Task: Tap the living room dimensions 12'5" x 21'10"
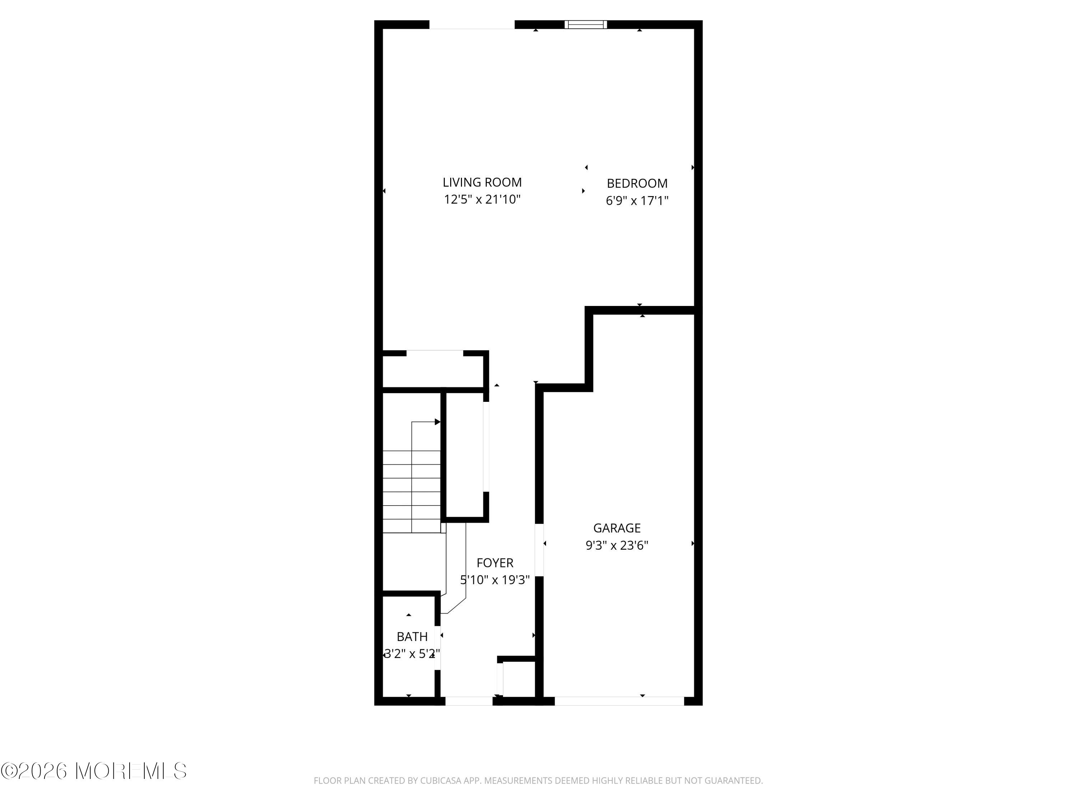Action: [x=482, y=200]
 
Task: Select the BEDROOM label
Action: [x=637, y=184]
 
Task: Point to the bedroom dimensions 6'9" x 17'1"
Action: [x=637, y=201]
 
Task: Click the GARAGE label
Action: [x=616, y=528]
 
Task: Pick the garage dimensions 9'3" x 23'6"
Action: [x=616, y=545]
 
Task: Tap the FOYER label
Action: [x=495, y=563]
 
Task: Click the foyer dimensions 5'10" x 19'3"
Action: [x=495, y=580]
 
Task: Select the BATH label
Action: [x=412, y=637]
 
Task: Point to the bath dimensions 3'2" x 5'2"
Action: [x=412, y=654]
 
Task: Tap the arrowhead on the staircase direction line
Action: [x=437, y=422]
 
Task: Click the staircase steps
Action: [x=411, y=492]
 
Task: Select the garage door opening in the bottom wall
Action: [x=619, y=701]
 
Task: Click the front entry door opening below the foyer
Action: [x=469, y=701]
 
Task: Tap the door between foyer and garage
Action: [x=539, y=550]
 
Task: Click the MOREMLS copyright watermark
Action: [x=93, y=771]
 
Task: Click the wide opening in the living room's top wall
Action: [x=471, y=25]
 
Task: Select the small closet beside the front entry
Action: [x=518, y=678]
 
